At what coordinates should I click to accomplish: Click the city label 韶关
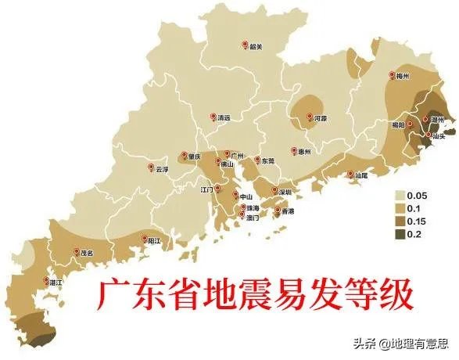click(x=256, y=47)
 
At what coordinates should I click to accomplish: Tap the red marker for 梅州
click(x=391, y=75)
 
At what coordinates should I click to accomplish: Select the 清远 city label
click(x=224, y=118)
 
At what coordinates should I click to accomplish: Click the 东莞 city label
click(x=268, y=160)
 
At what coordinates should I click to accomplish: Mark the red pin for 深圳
click(x=274, y=189)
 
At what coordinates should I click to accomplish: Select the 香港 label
click(x=287, y=211)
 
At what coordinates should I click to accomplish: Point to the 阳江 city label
click(x=156, y=242)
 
